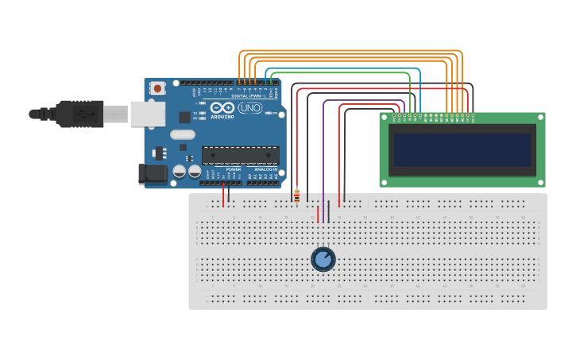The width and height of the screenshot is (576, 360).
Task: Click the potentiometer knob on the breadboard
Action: [323, 259]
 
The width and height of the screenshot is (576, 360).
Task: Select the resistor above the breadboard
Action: [297, 195]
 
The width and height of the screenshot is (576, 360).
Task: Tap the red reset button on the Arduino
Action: [157, 88]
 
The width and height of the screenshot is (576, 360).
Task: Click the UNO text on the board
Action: [249, 108]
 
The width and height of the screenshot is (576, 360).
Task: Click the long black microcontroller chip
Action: [240, 155]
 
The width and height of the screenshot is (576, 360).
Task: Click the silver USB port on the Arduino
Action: [147, 114]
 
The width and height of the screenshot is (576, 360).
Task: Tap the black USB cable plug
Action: [79, 114]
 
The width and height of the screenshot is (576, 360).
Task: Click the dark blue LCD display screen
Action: [462, 149]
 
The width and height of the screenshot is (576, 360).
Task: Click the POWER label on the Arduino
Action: [234, 169]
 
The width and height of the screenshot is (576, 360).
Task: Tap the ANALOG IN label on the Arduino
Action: [266, 169]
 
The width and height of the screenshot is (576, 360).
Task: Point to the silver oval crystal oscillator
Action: [182, 134]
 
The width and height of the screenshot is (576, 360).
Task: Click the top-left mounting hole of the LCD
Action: [385, 117]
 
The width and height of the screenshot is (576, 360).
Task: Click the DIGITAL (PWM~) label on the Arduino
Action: [249, 95]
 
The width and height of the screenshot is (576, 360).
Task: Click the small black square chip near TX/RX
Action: [184, 117]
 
